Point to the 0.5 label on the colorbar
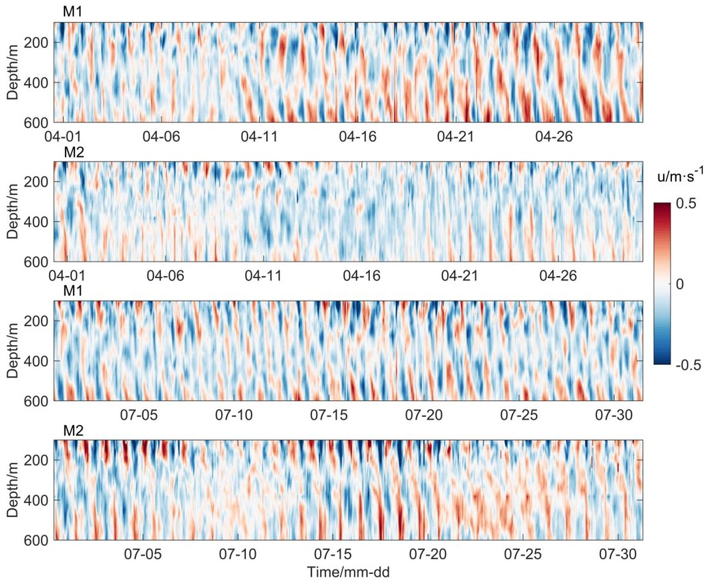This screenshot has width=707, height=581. coord(687,204)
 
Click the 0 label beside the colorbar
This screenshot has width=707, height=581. coord(679,284)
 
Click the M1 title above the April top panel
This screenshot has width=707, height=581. coord(72,11)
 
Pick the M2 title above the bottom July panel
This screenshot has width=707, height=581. coord(73,431)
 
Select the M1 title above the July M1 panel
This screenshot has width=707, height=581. coord(72,291)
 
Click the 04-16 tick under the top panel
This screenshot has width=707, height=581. coord(357,137)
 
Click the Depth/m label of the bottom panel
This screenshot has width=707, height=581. coord(13,490)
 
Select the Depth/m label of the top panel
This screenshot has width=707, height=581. coord(13,72)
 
